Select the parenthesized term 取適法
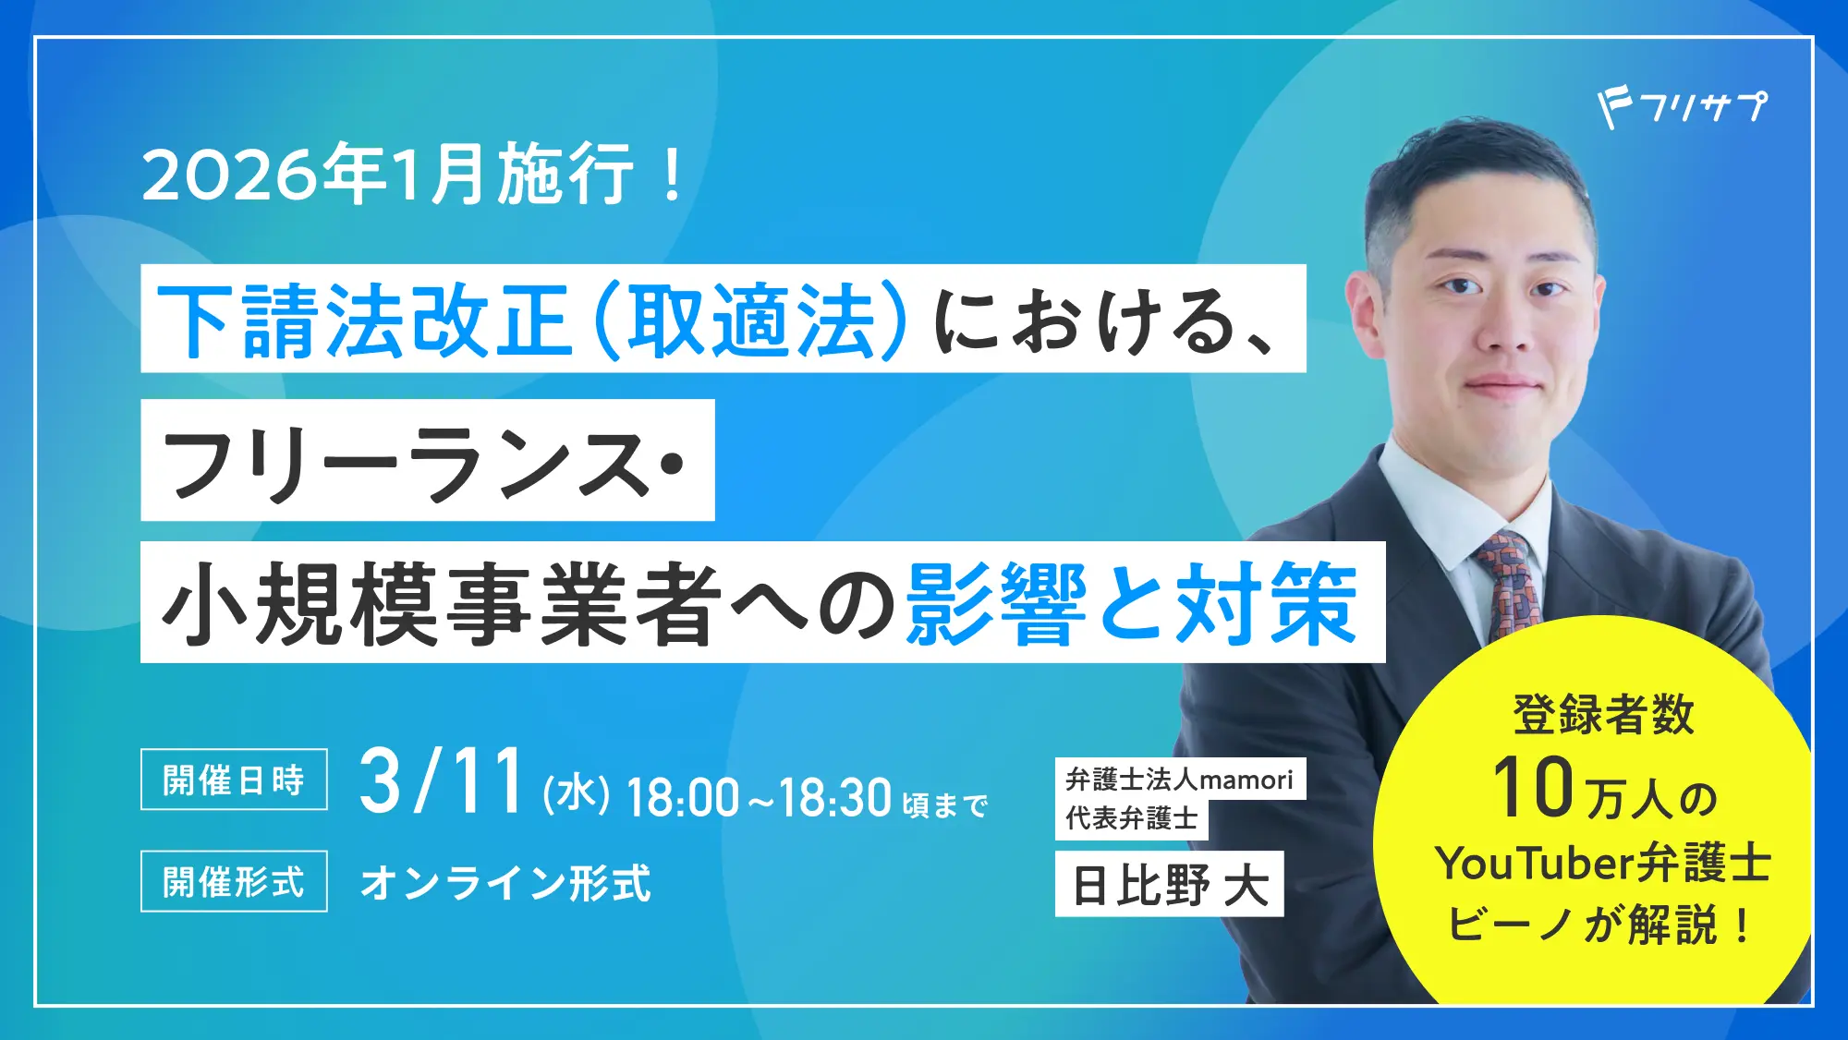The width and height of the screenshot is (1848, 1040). tap(750, 320)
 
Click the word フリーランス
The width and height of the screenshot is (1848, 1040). tap(407, 463)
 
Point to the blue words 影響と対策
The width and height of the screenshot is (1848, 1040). tap(1131, 604)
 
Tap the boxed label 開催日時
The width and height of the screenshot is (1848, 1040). tap(234, 780)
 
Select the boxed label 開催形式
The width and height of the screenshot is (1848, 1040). tap(234, 881)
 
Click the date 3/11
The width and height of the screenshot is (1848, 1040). tap(443, 783)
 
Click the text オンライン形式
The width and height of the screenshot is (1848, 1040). tap(505, 883)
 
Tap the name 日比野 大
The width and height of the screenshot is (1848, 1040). tap(1169, 885)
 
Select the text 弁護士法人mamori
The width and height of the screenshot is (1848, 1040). tap(1179, 780)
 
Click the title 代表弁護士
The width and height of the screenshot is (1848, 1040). tap(1131, 818)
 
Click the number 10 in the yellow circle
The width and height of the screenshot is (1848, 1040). tap(1533, 788)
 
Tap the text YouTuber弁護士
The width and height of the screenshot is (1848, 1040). tap(1603, 864)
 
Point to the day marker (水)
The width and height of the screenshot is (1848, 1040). tap(577, 794)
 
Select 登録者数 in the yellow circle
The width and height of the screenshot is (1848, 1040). tap(1603, 714)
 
